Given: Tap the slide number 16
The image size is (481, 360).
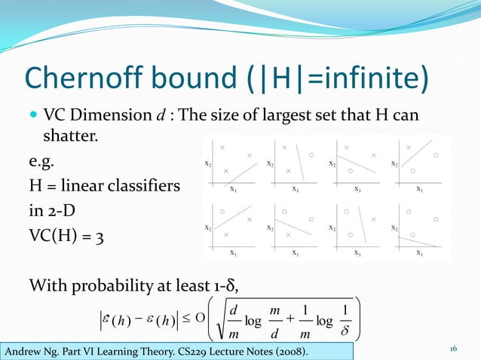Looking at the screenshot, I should click(x=453, y=350).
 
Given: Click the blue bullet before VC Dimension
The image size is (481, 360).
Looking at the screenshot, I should click(x=33, y=117).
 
